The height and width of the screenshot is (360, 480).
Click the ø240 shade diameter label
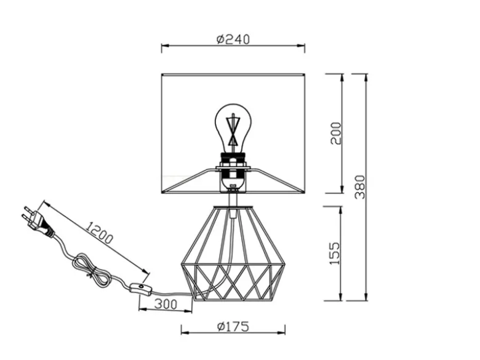233,39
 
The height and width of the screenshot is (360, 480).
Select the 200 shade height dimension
335,133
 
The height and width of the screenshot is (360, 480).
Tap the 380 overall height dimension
360,186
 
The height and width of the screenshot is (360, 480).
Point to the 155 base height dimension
334,254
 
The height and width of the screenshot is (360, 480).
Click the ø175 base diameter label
233,327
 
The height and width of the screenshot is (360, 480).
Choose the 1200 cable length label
98,233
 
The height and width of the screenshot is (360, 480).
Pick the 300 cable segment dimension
166,304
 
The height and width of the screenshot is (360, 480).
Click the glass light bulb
233,127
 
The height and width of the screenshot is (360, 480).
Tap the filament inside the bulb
233,129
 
